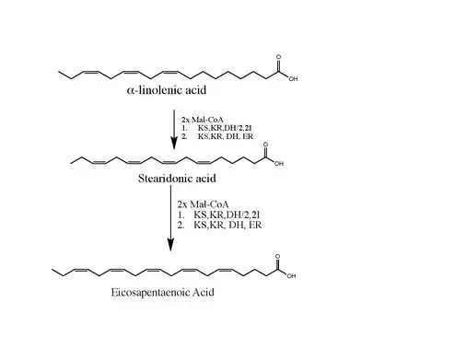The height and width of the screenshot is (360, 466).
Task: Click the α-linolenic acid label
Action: (x=167, y=90)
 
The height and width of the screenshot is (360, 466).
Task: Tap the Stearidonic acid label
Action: (x=177, y=179)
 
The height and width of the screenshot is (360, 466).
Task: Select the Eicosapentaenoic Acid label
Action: (x=162, y=292)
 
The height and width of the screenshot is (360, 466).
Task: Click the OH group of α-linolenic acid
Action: (x=293, y=79)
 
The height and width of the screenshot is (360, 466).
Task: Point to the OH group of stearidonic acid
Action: (x=279, y=164)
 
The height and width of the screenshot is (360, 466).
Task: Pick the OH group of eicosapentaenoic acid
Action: (x=291, y=276)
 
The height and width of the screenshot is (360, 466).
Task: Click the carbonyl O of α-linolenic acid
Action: (x=278, y=57)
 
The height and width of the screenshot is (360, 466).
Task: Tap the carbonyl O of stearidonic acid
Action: (x=265, y=145)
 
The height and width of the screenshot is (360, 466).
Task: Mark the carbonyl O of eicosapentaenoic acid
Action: (x=277, y=256)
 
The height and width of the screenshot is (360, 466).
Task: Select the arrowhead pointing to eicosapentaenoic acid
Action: (x=170, y=244)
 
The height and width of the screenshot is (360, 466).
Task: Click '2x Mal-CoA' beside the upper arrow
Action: (x=203, y=120)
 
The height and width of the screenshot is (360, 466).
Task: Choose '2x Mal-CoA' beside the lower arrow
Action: (x=203, y=204)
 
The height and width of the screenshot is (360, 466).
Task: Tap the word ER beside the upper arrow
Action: (x=248, y=136)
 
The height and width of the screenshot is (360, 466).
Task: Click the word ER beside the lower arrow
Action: (x=255, y=225)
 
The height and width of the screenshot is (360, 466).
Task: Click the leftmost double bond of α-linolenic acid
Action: (x=91, y=73)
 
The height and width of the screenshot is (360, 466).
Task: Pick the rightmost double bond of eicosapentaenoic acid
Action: (x=227, y=271)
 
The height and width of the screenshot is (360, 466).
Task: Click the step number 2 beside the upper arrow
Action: (x=184, y=136)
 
